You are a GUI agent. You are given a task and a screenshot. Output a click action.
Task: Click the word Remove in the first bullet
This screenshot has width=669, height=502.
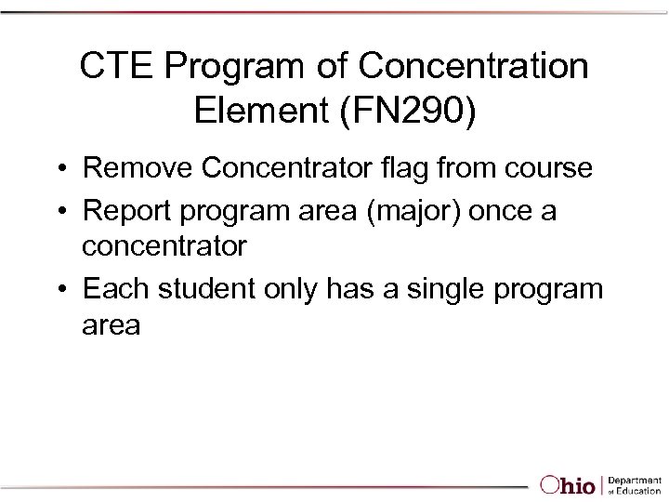click(138, 168)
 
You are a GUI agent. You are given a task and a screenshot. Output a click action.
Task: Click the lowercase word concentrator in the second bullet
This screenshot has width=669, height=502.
click(164, 246)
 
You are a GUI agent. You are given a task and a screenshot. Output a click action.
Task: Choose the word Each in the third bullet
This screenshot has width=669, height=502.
click(115, 289)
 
